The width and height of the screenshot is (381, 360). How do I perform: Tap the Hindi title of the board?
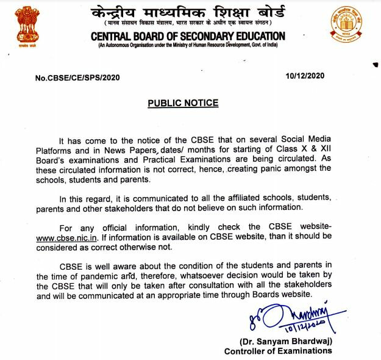coord(187,13)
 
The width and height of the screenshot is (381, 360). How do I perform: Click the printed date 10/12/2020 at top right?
coord(304,76)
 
